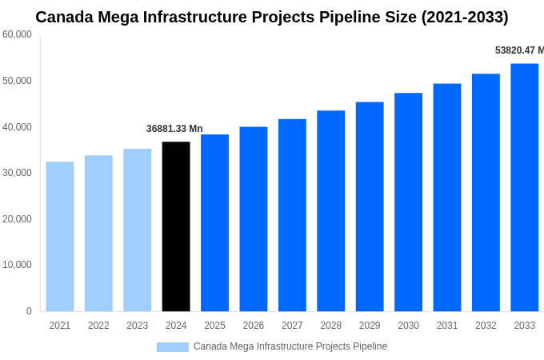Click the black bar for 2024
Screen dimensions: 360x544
pyautogui.click(x=176, y=226)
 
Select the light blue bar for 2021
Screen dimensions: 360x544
pyautogui.click(x=60, y=237)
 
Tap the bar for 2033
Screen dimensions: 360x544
pyautogui.click(x=524, y=187)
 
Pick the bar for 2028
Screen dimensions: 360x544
pyautogui.click(x=330, y=211)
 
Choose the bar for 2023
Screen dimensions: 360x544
pyautogui.click(x=137, y=230)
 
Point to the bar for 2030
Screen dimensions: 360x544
pyautogui.click(x=408, y=202)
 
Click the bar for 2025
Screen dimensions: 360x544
pyautogui.click(x=214, y=223)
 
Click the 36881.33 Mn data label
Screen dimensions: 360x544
pyautogui.click(x=174, y=129)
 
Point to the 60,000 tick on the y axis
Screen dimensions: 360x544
pyautogui.click(x=17, y=34)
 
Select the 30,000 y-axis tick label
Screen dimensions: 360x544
pyautogui.click(x=17, y=173)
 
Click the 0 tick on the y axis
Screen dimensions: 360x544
pyautogui.click(x=29, y=311)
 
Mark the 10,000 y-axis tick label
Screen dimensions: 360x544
pyautogui.click(x=17, y=265)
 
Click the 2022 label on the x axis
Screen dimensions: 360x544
pyautogui.click(x=98, y=326)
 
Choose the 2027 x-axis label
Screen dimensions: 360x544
pyautogui.click(x=292, y=326)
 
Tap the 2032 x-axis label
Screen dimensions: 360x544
pyautogui.click(x=486, y=326)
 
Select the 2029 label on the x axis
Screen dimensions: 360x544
pyautogui.click(x=370, y=326)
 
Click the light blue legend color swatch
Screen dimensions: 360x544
pyautogui.click(x=173, y=347)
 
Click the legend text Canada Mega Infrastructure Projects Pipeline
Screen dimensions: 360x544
pyautogui.click(x=290, y=346)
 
